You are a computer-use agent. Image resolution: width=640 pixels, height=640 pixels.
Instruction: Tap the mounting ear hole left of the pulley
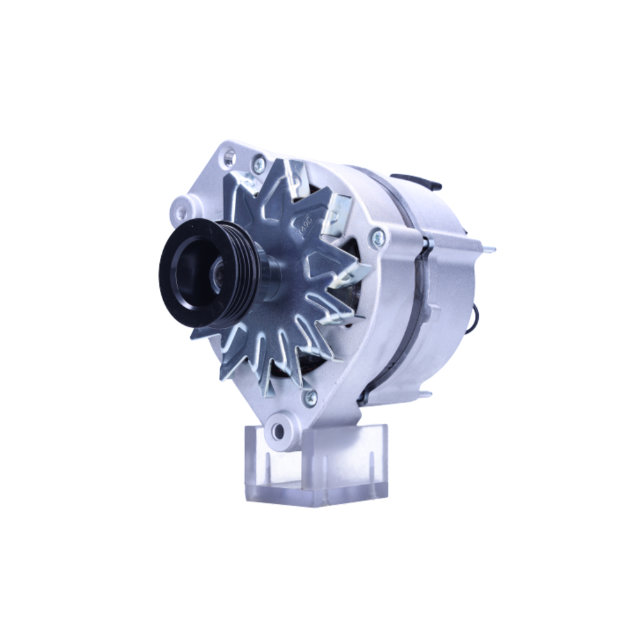pos(181,212)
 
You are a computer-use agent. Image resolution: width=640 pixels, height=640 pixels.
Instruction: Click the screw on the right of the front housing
pos(378,239)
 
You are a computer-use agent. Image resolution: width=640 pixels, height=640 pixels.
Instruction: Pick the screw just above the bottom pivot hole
pos(310,397)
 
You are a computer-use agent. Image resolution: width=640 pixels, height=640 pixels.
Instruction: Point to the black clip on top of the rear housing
pos(416,181)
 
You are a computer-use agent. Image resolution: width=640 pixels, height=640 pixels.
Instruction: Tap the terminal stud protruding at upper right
pos(490,250)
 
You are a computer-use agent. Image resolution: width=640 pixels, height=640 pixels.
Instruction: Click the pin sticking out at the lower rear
pos(424,394)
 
